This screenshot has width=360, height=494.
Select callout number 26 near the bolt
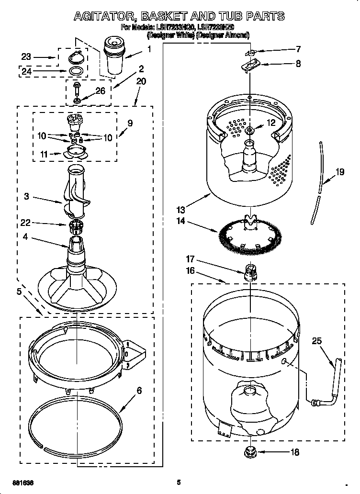point(100,91)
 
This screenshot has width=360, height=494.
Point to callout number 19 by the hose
point(340,172)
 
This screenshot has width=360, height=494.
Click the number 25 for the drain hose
point(317,341)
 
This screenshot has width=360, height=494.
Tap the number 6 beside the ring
point(139,391)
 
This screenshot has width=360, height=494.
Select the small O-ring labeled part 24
point(74,71)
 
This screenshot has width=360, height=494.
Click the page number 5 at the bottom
point(178,482)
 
